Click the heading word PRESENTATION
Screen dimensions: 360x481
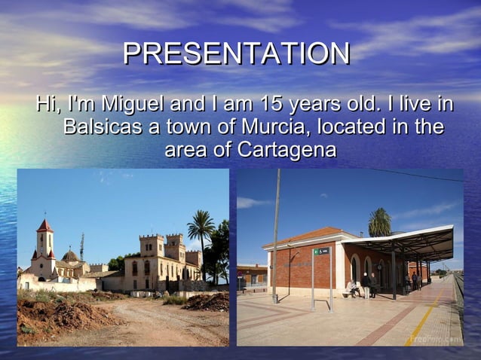coord(236,53)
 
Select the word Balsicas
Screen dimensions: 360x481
coord(101,127)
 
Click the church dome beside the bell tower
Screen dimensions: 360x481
coord(71,256)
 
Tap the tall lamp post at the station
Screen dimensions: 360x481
coord(277,233)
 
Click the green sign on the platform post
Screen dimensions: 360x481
coord(321,251)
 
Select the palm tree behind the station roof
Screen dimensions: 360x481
coord(379,221)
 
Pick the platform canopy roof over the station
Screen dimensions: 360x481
coord(407,243)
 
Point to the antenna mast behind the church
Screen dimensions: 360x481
coord(81,245)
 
